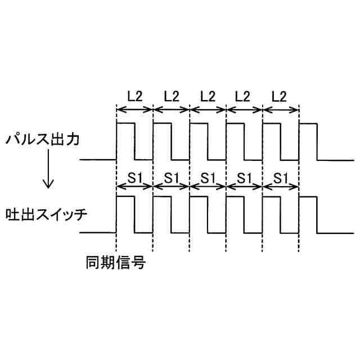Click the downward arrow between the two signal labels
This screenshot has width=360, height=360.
tap(49, 177)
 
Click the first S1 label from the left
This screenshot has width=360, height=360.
tap(134, 178)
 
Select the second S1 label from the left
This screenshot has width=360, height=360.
tap(171, 178)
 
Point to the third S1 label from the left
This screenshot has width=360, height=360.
tap(208, 178)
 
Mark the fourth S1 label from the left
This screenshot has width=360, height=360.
tap(244, 178)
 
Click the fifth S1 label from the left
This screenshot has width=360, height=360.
tap(281, 178)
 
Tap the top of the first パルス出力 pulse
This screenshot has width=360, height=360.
tap(125, 123)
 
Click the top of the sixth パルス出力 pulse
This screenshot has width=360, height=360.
tap(308, 123)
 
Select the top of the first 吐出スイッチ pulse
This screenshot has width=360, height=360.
tap(125, 196)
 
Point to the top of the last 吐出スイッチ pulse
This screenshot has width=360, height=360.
tap(308, 196)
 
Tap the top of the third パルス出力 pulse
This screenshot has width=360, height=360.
tap(199, 123)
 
